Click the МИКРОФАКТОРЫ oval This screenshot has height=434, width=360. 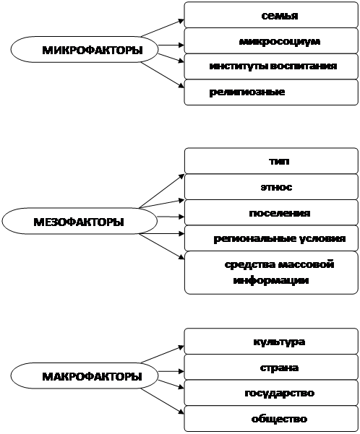click(85, 49)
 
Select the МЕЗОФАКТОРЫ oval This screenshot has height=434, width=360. click(80, 221)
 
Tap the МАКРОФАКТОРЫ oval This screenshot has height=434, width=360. click(85, 376)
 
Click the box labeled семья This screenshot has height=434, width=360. click(271, 15)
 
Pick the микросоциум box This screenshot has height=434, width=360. click(271, 40)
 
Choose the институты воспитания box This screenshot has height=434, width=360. click(271, 66)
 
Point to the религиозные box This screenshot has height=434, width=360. click(271, 92)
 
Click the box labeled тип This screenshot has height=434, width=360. click(271, 161)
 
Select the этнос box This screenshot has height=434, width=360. click(271, 186)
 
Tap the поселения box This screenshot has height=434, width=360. click(271, 212)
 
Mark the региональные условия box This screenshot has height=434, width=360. click(271, 238)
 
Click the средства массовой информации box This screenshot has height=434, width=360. click(271, 273)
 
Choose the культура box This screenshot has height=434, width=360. click(271, 341)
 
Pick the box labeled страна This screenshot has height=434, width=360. click(271, 367)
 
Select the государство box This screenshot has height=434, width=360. click(271, 393)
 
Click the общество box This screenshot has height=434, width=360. click(271, 419)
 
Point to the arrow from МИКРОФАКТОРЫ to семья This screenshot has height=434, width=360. click(163, 28)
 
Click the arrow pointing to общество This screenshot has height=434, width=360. click(163, 401)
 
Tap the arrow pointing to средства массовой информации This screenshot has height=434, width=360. click(162, 246)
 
